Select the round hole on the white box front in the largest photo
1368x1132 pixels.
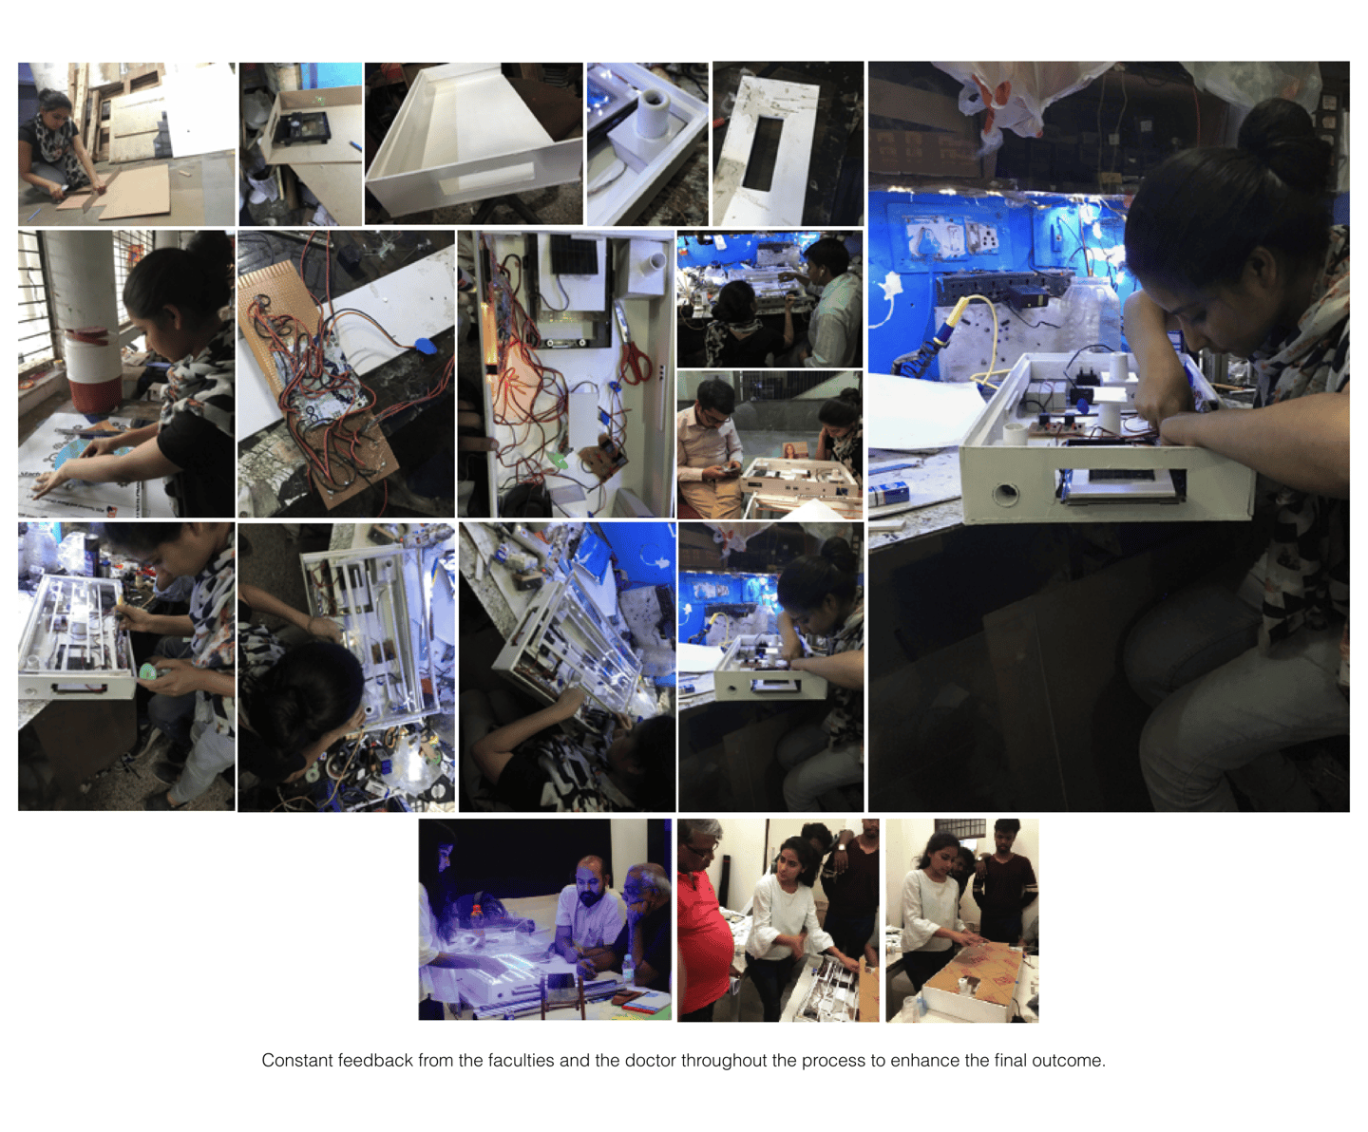pos(1005,493)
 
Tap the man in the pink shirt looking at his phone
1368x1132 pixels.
pos(711,445)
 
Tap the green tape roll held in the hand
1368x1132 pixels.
pos(146,672)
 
